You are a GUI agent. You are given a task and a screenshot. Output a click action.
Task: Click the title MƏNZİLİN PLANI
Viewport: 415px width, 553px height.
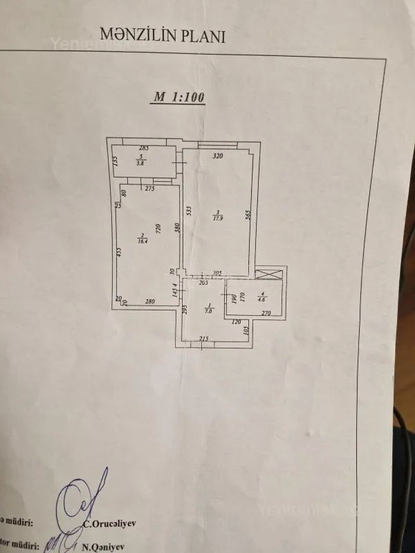click(x=163, y=35)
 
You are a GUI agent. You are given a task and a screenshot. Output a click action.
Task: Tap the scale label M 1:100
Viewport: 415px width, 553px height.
click(x=178, y=97)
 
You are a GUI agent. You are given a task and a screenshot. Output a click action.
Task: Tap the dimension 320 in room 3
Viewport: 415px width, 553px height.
click(x=218, y=156)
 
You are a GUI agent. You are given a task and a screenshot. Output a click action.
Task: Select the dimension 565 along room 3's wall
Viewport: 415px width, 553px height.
click(x=247, y=214)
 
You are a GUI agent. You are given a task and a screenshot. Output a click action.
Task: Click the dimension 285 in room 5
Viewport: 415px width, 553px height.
click(x=144, y=149)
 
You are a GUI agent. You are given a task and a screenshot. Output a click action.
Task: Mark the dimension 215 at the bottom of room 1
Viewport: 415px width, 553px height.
click(x=204, y=338)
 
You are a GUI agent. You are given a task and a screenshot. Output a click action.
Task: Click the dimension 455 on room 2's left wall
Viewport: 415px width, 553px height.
click(x=119, y=253)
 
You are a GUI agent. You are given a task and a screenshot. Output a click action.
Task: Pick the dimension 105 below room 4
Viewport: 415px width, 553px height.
click(x=246, y=330)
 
